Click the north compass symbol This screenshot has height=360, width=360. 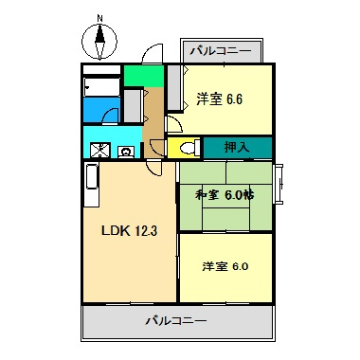98,42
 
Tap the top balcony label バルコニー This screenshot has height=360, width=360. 220,49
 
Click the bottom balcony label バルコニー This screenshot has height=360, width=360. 177,321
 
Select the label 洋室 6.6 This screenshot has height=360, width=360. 220,99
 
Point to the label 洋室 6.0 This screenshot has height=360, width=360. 225,266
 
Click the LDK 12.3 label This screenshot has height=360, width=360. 123,230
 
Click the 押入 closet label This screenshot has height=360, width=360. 237,148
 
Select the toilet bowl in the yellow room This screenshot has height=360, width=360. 185,148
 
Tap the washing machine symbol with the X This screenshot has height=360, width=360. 100,149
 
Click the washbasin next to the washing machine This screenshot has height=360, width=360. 125,149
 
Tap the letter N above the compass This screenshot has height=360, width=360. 99,17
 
